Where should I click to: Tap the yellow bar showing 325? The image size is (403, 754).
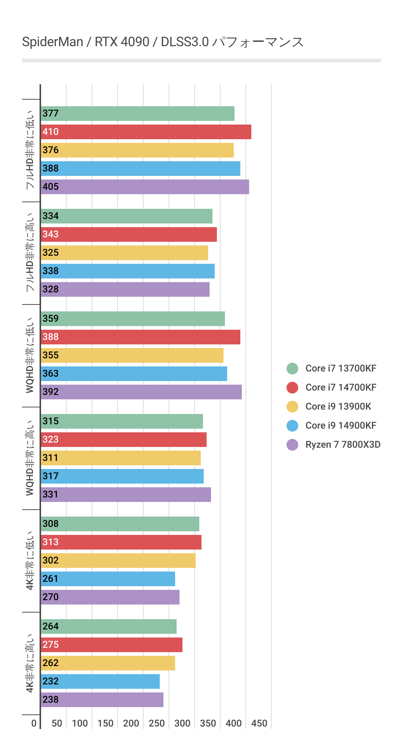tap(124, 253)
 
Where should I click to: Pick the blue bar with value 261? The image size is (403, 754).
tap(108, 579)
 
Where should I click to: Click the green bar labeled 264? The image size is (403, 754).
tap(108, 627)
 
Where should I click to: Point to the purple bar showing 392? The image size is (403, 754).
tap(141, 392)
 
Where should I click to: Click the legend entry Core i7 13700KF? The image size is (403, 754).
tap(341, 369)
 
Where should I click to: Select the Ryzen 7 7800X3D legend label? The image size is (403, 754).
tap(343, 445)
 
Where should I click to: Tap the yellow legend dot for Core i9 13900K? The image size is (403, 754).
tap(292, 407)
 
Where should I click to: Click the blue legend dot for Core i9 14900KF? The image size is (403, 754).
tap(292, 426)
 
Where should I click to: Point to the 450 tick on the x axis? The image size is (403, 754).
tap(259, 723)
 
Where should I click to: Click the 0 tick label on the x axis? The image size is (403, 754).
tap(34, 723)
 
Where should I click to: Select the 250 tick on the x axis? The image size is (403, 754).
tap(157, 723)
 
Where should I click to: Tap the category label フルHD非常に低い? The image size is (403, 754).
tap(30, 150)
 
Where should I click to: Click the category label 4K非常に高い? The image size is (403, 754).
tap(30, 663)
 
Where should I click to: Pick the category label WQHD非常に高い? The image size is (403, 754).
tap(30, 458)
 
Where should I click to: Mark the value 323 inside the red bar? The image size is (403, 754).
tap(51, 440)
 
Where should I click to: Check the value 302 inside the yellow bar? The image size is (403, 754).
tap(51, 561)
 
